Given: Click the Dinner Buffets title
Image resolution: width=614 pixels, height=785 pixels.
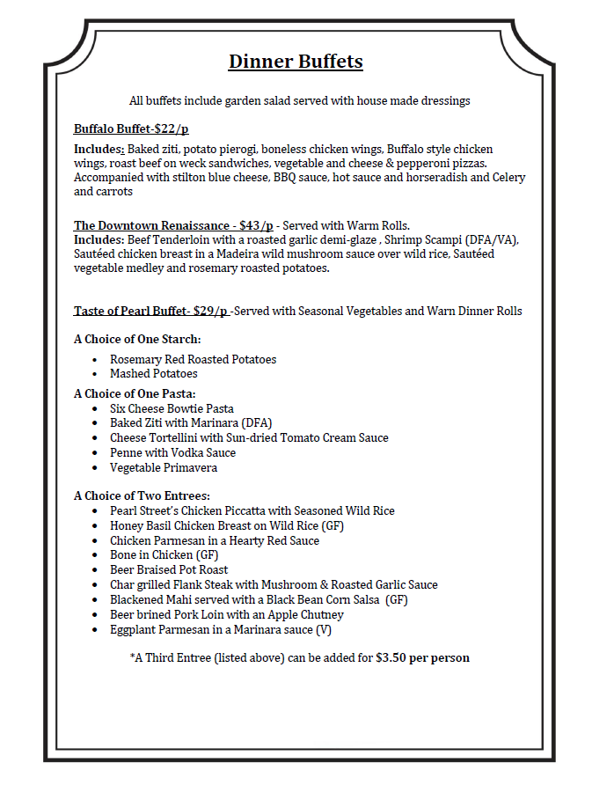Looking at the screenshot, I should [296, 62].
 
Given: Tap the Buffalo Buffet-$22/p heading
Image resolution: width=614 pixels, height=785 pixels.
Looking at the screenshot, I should [131, 129].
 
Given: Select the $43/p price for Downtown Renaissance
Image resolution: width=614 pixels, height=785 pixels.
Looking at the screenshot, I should [255, 225].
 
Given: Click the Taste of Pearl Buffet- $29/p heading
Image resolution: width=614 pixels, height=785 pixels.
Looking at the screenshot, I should [151, 311].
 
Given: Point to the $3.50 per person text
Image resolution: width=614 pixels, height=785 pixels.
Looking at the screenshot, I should [422, 657].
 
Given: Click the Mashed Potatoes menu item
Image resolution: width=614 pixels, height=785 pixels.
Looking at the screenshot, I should [154, 374].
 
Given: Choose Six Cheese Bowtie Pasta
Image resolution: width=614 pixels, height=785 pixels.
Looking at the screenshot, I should [172, 408].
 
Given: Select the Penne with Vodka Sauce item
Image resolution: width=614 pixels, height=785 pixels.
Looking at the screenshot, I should [172, 452].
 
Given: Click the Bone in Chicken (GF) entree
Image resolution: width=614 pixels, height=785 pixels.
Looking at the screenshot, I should [164, 554].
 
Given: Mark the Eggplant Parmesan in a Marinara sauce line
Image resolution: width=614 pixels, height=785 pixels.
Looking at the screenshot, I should [221, 629].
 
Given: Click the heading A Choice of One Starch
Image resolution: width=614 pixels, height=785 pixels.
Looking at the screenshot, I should [137, 339].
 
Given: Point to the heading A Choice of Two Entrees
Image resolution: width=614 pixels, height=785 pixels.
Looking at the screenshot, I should [142, 495].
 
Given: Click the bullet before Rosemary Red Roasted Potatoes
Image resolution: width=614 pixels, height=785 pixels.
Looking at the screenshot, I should [95, 360].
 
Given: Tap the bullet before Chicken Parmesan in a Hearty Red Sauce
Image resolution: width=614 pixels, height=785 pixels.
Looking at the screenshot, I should [95, 540].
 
